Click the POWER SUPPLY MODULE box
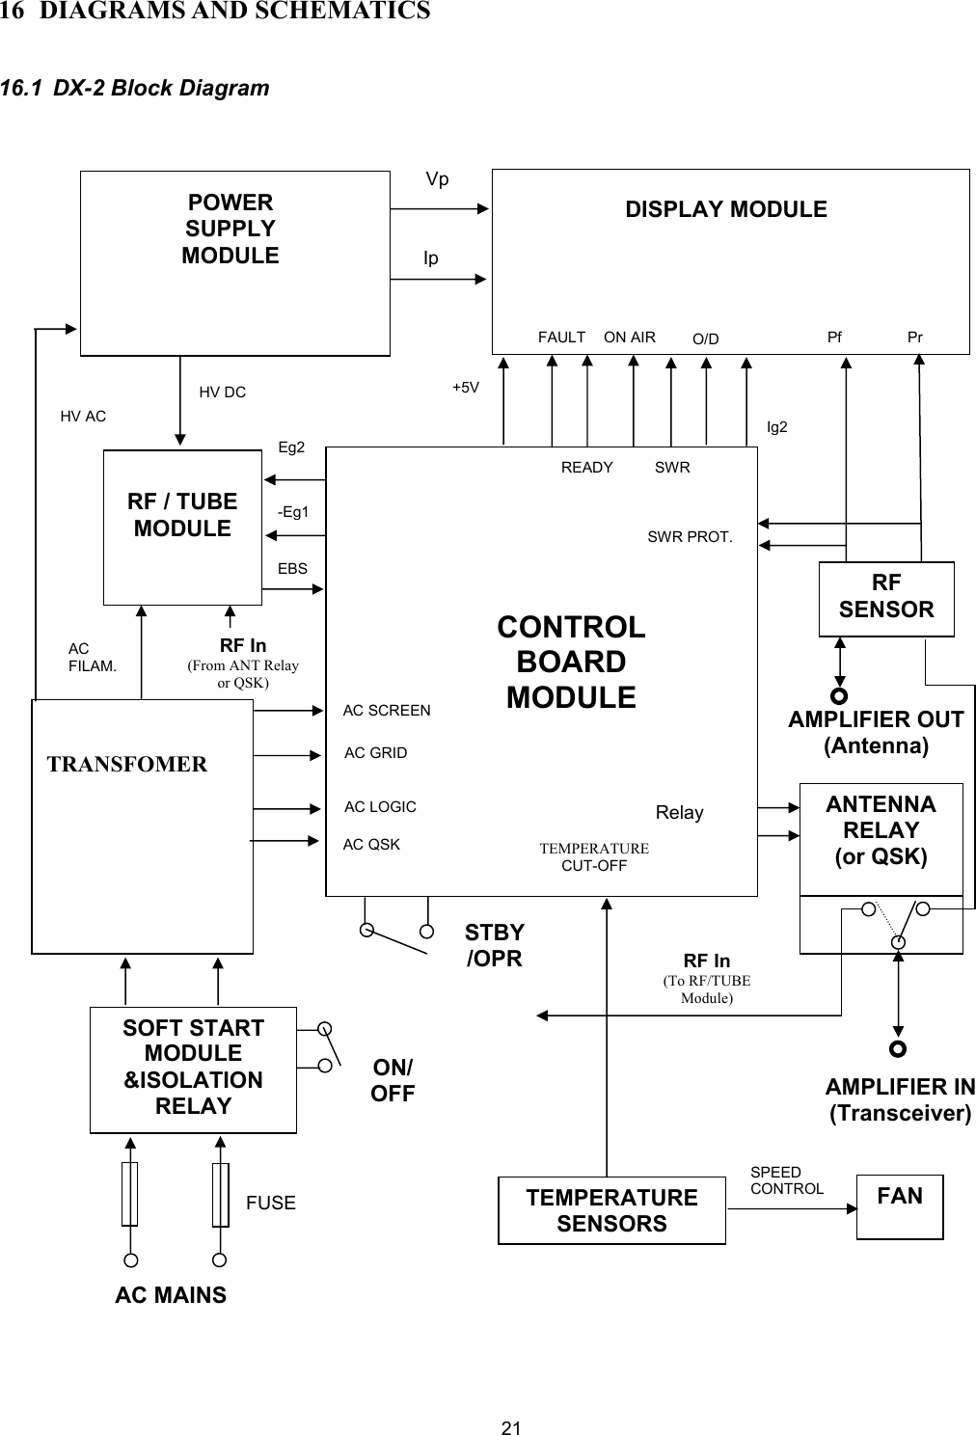tap(234, 262)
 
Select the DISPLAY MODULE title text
tap(725, 209)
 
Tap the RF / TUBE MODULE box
tap(182, 526)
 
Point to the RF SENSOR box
tap(885, 598)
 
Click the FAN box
tap(899, 1205)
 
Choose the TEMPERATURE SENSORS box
tap(611, 1210)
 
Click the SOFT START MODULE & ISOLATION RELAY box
tap(193, 1069)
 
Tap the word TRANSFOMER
tap(127, 765)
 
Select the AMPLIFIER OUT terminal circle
tap(840, 694)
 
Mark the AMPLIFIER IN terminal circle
tap(898, 1048)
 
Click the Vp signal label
tap(437, 179)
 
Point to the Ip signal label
tap(431, 257)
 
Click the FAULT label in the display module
tap(561, 338)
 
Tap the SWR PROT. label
tap(690, 537)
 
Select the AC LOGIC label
tap(380, 806)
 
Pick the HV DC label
tap(222, 392)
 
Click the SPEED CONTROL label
tap(786, 1180)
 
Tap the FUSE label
tap(271, 1203)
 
